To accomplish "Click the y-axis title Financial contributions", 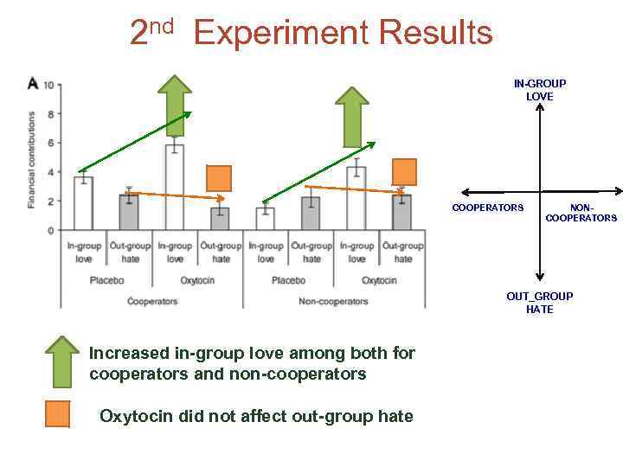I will coord(32,159).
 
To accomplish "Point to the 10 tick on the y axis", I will coord(48,85).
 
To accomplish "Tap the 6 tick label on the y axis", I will coord(51,143).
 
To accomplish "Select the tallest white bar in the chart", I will coord(175,186).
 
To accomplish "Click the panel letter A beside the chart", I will coord(33,83).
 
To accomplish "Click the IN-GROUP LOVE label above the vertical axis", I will coord(539,90).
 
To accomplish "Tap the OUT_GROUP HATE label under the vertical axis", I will coord(539,303).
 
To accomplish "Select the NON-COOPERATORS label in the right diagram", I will coord(581,213).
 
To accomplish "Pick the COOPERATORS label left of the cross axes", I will coord(488,208).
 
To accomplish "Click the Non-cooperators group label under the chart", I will coord(333,302).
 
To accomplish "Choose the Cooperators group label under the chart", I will coord(152,302).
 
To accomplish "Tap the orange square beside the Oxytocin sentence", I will coord(57,416).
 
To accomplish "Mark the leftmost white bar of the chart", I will coord(83,203).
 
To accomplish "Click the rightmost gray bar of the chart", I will coord(402,212).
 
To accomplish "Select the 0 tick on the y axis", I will coord(51,231).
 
